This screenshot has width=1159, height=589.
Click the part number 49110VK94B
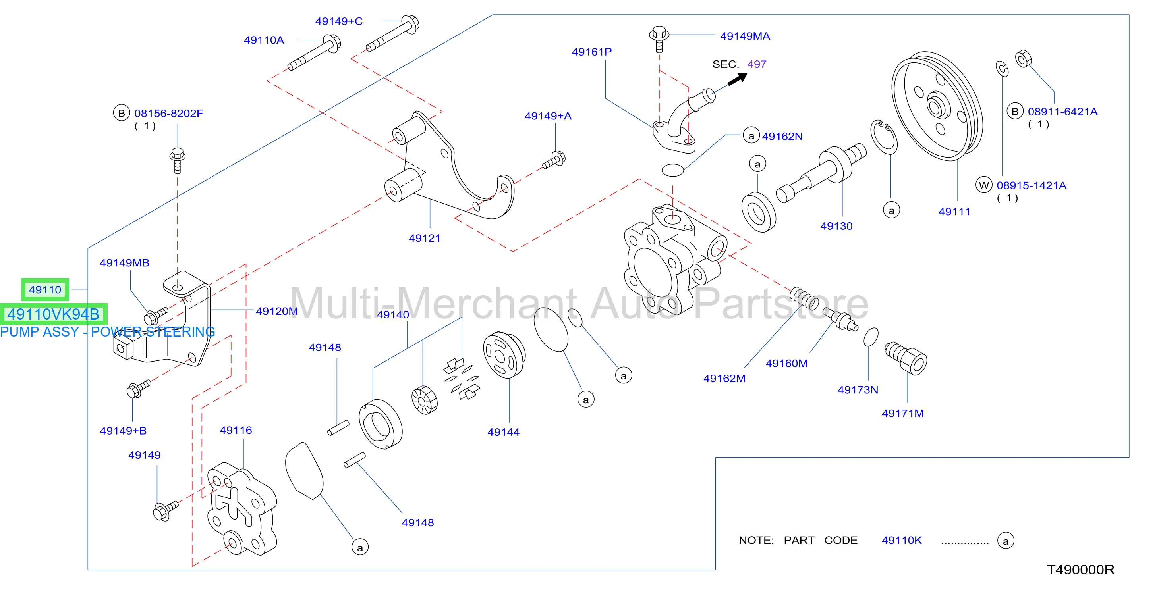point(53,314)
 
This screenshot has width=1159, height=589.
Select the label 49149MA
point(745,36)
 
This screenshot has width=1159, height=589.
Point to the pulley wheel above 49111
point(937,106)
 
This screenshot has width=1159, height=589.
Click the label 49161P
point(592,52)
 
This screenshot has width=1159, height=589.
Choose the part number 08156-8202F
point(169,113)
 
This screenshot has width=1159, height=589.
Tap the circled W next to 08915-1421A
point(984,185)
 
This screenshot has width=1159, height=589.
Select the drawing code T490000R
point(1081,570)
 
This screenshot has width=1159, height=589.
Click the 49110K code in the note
point(902,540)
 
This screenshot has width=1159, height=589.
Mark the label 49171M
point(902,413)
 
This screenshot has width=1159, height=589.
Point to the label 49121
point(424,238)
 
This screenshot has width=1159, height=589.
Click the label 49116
point(236,430)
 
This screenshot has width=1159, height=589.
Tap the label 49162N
point(782,136)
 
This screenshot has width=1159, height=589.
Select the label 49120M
point(277,311)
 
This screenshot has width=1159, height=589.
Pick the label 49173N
point(858,390)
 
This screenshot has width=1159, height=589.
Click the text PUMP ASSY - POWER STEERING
point(108,332)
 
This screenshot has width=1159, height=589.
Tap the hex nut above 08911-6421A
point(1023,58)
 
